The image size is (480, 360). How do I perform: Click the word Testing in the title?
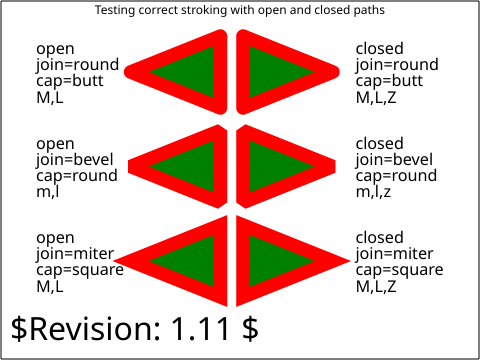pyautogui.click(x=115, y=10)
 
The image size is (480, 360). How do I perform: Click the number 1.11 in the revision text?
pyautogui.click(x=201, y=328)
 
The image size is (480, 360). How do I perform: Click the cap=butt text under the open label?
pyautogui.click(x=70, y=81)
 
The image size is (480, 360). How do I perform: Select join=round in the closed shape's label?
pyautogui.click(x=397, y=65)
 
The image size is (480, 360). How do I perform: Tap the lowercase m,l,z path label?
pyautogui.click(x=373, y=191)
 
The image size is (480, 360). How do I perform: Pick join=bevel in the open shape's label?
pyautogui.click(x=75, y=160)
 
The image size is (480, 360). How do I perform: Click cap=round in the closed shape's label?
pyautogui.click(x=396, y=176)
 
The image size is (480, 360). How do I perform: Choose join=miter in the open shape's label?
pyautogui.click(x=75, y=254)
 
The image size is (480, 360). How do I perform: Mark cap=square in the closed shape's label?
pyautogui.click(x=399, y=270)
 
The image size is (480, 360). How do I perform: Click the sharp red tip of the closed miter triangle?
pyautogui.click(x=349, y=261)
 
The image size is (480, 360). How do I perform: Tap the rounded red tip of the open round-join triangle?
pyautogui.click(x=127, y=72)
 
